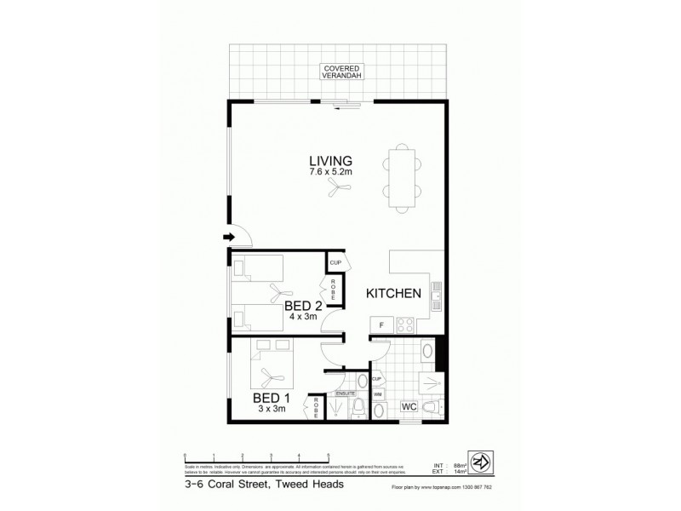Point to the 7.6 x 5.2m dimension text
coord(331,173)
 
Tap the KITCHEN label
coord(394,294)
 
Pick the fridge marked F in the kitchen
coord(381,324)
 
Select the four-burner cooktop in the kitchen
coord(405,324)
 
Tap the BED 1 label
coord(272,398)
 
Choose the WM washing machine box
coord(378,393)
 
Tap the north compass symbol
coord(484,462)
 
